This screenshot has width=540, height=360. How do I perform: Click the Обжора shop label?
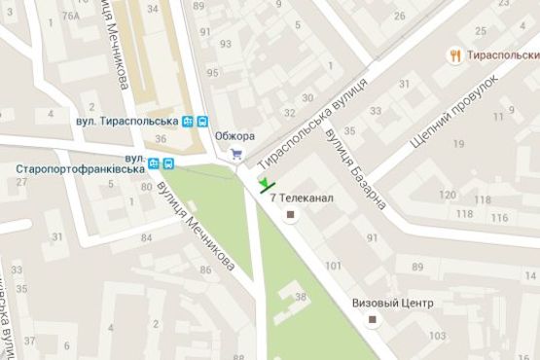tap(234, 135)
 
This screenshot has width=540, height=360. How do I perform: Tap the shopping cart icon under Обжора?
tap(235, 154)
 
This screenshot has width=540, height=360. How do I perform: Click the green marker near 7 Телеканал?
tap(266, 185)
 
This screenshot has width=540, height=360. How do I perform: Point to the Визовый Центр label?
tap(393, 304)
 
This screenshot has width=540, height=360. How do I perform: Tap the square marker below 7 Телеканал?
tap(289, 217)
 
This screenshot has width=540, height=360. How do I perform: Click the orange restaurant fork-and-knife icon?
tap(454, 56)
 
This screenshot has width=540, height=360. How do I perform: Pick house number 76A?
tap(69, 16)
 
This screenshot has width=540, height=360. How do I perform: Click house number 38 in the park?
tap(301, 297)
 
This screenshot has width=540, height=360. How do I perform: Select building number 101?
tap(333, 265)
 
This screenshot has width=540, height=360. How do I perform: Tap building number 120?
tap(447, 196)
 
